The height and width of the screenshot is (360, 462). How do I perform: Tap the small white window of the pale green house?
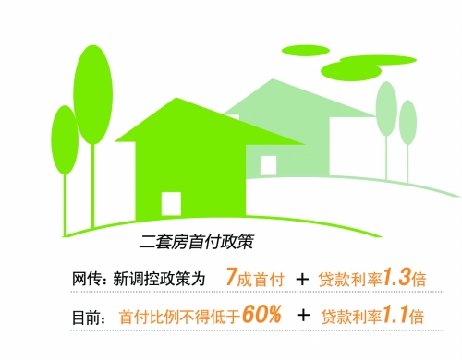[x=268, y=164]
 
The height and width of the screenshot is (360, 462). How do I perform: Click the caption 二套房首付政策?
[x=194, y=245]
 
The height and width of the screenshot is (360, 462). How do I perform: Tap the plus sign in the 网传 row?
[x=301, y=277]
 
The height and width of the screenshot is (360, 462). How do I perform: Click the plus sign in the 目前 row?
[x=302, y=316]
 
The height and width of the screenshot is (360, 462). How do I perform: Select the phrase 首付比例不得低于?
[x=179, y=316]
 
